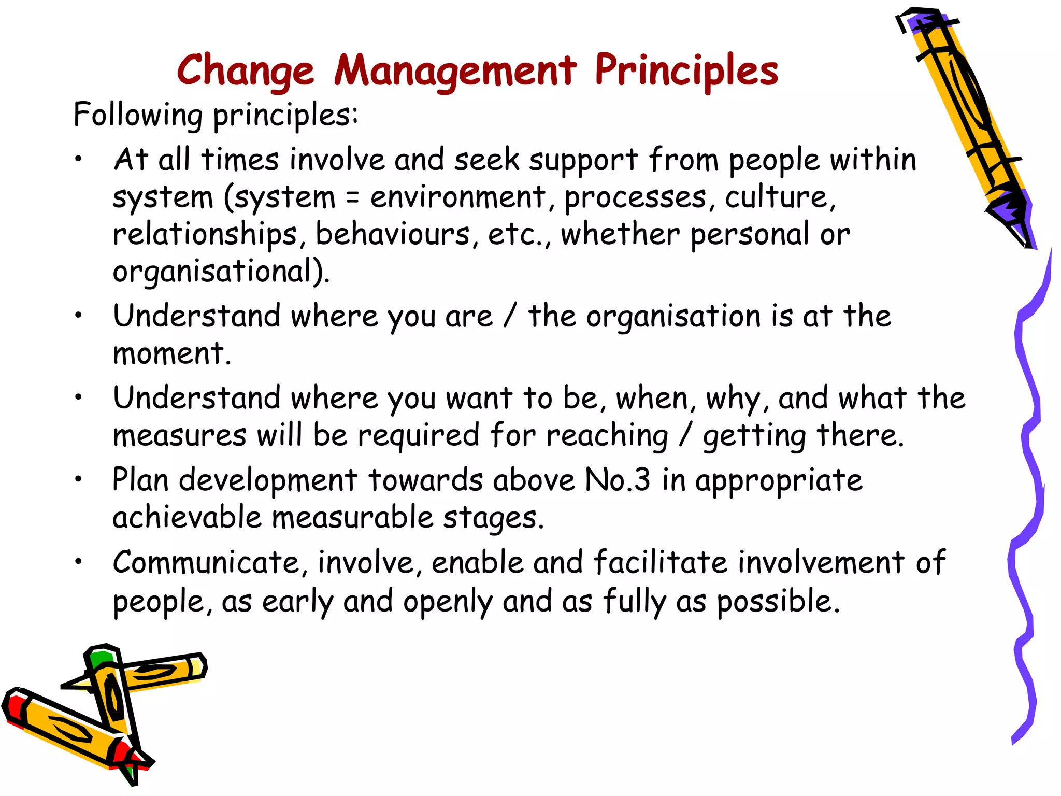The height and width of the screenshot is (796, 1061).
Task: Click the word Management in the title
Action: point(455,71)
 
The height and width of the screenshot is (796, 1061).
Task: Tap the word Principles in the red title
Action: point(686,71)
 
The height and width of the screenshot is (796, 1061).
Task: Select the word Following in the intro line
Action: point(138,115)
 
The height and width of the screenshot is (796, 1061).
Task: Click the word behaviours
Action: point(393,235)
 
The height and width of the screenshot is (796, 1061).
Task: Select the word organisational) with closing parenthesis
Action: point(221,272)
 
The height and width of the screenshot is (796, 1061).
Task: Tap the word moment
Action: point(171,354)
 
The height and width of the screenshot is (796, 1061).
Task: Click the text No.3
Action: point(616,480)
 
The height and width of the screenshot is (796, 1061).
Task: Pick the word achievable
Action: point(187,518)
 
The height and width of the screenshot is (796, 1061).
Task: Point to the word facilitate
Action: point(660,563)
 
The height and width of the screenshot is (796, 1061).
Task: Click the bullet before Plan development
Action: point(78,480)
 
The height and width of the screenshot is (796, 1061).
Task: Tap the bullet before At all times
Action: point(78,160)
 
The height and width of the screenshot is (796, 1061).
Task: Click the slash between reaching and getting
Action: point(685,435)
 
